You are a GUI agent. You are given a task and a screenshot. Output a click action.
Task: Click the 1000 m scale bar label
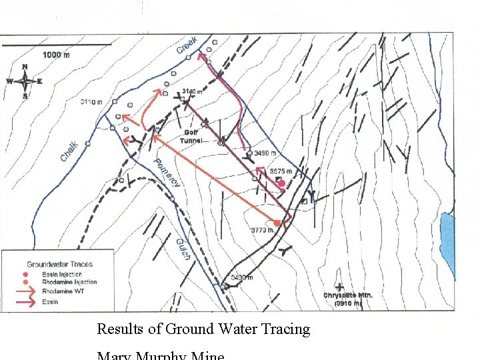click(x=56, y=55)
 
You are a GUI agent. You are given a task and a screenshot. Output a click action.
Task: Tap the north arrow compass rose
click(x=24, y=81)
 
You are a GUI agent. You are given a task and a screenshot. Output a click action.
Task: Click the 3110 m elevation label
click(x=91, y=102)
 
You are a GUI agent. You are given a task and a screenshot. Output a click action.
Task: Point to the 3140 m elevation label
click(x=192, y=92)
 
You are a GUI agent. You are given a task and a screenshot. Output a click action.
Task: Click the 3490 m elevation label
click(x=265, y=153)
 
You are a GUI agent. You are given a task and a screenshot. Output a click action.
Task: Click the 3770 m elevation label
click(x=262, y=231)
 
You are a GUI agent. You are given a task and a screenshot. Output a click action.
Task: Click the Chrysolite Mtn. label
click(x=348, y=295)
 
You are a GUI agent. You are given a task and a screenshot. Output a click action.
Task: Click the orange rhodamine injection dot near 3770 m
click(x=277, y=223)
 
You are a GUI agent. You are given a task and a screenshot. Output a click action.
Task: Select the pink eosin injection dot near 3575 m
click(x=281, y=183)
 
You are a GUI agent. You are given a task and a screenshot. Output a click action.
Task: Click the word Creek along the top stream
click(x=187, y=45)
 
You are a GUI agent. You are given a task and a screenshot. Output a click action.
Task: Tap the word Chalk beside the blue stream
click(x=69, y=151)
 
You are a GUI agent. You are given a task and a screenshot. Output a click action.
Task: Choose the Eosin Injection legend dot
click(x=26, y=274)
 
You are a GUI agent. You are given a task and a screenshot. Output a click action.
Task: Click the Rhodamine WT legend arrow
click(x=26, y=291)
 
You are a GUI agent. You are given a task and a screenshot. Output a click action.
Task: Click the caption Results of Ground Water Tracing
click(x=203, y=329)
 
